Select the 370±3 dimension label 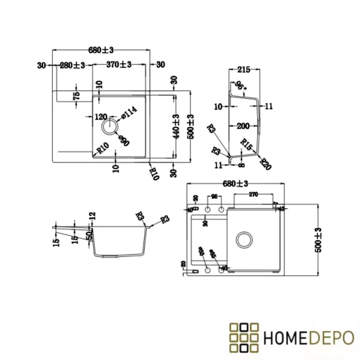click(x=119, y=65)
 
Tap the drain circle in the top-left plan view click(x=109, y=127)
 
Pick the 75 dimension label click(x=76, y=95)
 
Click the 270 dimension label click(x=253, y=194)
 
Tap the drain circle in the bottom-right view click(x=245, y=238)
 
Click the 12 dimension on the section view click(x=92, y=216)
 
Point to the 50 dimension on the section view click(x=90, y=234)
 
